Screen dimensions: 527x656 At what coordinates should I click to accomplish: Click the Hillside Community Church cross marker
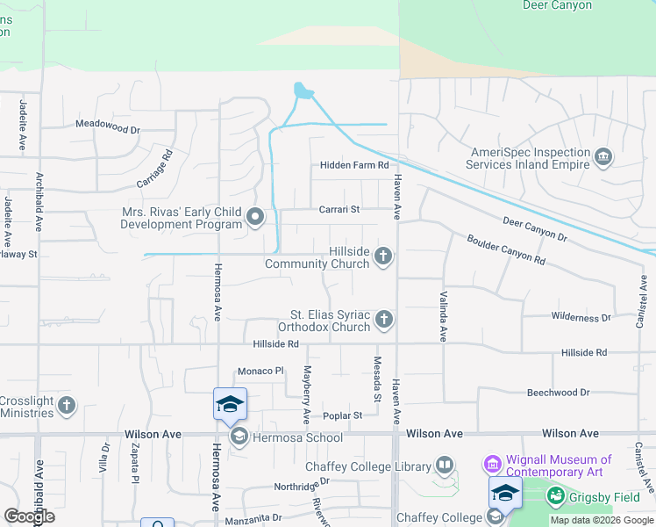382,256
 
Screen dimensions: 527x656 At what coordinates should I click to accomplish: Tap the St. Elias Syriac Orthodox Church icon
383,321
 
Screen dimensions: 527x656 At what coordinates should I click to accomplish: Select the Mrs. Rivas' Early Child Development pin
255,216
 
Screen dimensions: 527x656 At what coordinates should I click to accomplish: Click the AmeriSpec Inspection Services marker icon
603,158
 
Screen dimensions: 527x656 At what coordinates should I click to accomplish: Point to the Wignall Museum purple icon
491,463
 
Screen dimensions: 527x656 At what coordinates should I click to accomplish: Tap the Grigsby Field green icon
555,497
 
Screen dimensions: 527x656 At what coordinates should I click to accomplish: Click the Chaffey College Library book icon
445,466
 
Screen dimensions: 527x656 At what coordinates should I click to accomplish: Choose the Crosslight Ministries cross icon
67,406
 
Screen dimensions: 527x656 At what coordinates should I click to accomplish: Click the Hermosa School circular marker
238,437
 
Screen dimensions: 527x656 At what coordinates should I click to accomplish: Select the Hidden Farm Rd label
353,165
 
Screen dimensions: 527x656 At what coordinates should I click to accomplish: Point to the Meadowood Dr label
107,129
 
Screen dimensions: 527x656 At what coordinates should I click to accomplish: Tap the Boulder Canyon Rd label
506,250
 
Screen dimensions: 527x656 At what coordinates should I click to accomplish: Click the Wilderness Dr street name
581,317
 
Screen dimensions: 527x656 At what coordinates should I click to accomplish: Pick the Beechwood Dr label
558,393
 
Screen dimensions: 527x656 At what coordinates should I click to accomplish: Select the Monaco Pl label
261,372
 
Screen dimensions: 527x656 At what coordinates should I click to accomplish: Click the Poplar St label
342,415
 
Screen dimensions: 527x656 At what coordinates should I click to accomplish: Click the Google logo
30,516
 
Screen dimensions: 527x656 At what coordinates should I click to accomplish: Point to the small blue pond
303,90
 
